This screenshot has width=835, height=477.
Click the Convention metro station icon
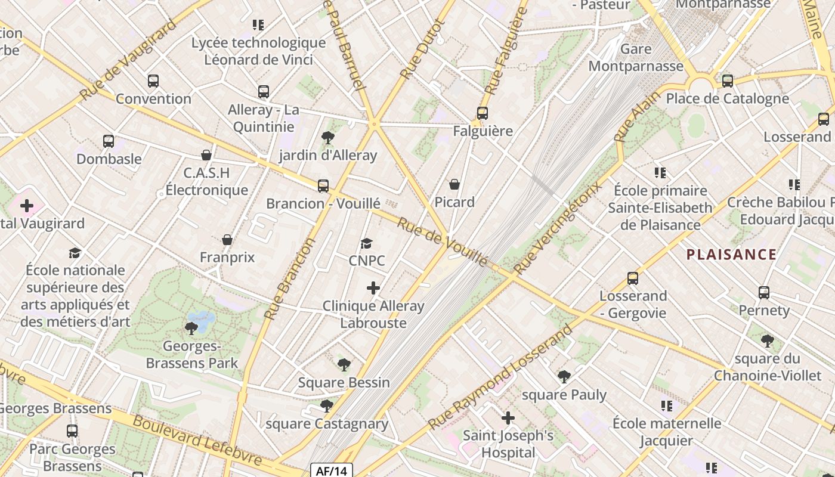pyautogui.click(x=153, y=81)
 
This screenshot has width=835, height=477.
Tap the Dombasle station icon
pyautogui.click(x=109, y=141)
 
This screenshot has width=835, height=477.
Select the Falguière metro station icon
pyautogui.click(x=483, y=113)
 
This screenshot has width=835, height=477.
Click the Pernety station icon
pyautogui.click(x=764, y=293)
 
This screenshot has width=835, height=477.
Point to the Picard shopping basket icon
pyautogui.click(x=454, y=184)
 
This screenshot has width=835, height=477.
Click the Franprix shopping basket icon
pyautogui.click(x=227, y=240)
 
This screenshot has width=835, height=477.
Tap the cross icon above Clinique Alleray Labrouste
pyautogui.click(x=373, y=289)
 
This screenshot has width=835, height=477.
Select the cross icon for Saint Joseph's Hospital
pyautogui.click(x=508, y=418)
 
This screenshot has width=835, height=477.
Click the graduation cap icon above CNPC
pyautogui.click(x=366, y=243)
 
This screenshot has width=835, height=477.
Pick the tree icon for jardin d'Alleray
pyautogui.click(x=327, y=138)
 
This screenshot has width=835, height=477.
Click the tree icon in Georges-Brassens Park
pyautogui.click(x=191, y=328)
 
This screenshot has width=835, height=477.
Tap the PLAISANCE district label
pyautogui.click(x=731, y=255)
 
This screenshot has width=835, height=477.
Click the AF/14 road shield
pyautogui.click(x=332, y=471)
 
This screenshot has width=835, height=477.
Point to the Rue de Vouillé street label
pyautogui.click(x=442, y=241)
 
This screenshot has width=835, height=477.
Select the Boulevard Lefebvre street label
pyautogui.click(x=196, y=441)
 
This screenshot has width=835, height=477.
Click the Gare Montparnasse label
pyautogui.click(x=636, y=57)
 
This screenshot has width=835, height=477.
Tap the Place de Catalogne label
pyautogui.click(x=727, y=98)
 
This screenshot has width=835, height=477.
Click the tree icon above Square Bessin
pyautogui.click(x=344, y=364)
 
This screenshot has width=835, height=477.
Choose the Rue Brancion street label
pyautogui.click(x=289, y=278)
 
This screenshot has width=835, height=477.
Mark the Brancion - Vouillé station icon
pyautogui.click(x=323, y=186)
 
